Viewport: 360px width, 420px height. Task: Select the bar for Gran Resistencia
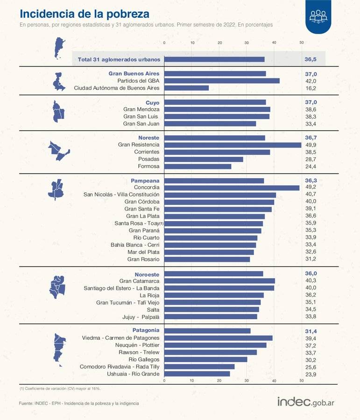(x=233, y=145)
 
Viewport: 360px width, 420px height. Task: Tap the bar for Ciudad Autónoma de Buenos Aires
(x=186, y=88)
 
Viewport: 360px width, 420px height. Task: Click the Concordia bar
(x=232, y=188)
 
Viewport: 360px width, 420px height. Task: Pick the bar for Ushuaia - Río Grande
(x=197, y=374)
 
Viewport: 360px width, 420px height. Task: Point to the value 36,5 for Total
(x=311, y=59)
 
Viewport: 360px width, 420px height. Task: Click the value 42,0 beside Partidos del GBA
(x=311, y=81)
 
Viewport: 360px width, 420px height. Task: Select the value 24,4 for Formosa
(x=311, y=167)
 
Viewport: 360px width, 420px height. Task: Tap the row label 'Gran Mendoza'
(x=141, y=109)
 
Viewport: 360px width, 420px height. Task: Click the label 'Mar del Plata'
(x=143, y=252)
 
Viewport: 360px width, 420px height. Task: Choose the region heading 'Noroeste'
(x=147, y=274)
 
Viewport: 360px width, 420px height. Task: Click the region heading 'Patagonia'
(x=146, y=330)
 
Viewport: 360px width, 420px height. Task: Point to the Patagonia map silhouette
(x=58, y=348)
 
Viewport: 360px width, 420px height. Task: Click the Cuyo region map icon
(x=58, y=111)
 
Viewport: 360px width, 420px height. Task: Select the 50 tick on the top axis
(x=302, y=42)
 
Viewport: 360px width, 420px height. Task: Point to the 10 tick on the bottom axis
(x=192, y=381)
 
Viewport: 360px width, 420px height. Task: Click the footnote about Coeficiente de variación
(x=60, y=388)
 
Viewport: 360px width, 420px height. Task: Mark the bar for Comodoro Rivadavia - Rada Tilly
(x=199, y=367)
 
